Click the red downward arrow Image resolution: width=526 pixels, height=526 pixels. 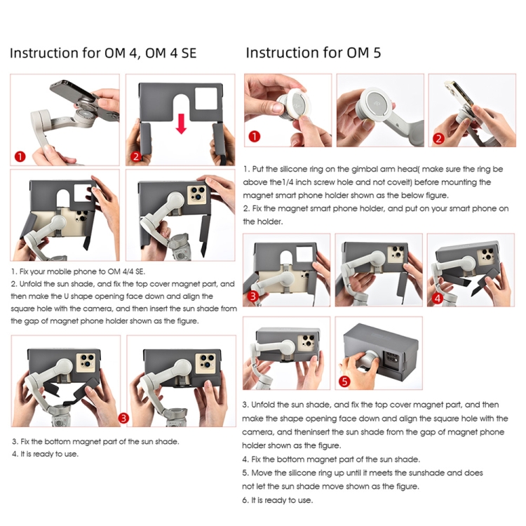pyautogui.click(x=181, y=123)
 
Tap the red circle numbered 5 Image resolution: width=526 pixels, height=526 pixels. pyautogui.click(x=344, y=381)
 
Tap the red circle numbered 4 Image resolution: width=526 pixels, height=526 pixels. pyautogui.click(x=438, y=298)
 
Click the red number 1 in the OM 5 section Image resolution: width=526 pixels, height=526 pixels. pyautogui.click(x=255, y=137)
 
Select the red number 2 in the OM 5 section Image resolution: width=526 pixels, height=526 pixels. pyautogui.click(x=438, y=138)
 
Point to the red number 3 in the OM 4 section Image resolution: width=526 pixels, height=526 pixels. pyautogui.click(x=123, y=418)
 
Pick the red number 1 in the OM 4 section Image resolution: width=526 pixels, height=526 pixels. pyautogui.click(x=20, y=156)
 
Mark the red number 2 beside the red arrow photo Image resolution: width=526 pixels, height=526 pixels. pyautogui.click(x=136, y=156)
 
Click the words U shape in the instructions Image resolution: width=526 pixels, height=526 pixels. pyautogui.click(x=72, y=297)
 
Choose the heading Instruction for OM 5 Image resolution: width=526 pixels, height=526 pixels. pyautogui.click(x=313, y=53)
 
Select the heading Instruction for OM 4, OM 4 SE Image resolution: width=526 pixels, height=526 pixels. pyautogui.click(x=103, y=53)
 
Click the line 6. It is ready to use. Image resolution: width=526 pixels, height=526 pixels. pyautogui.click(x=278, y=500)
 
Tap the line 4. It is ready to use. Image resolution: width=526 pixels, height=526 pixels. pyautogui.click(x=45, y=454)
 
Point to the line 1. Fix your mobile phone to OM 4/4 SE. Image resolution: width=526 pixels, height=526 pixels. pyautogui.click(x=78, y=271)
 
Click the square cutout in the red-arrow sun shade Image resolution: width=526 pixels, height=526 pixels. pyautogui.click(x=207, y=100)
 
